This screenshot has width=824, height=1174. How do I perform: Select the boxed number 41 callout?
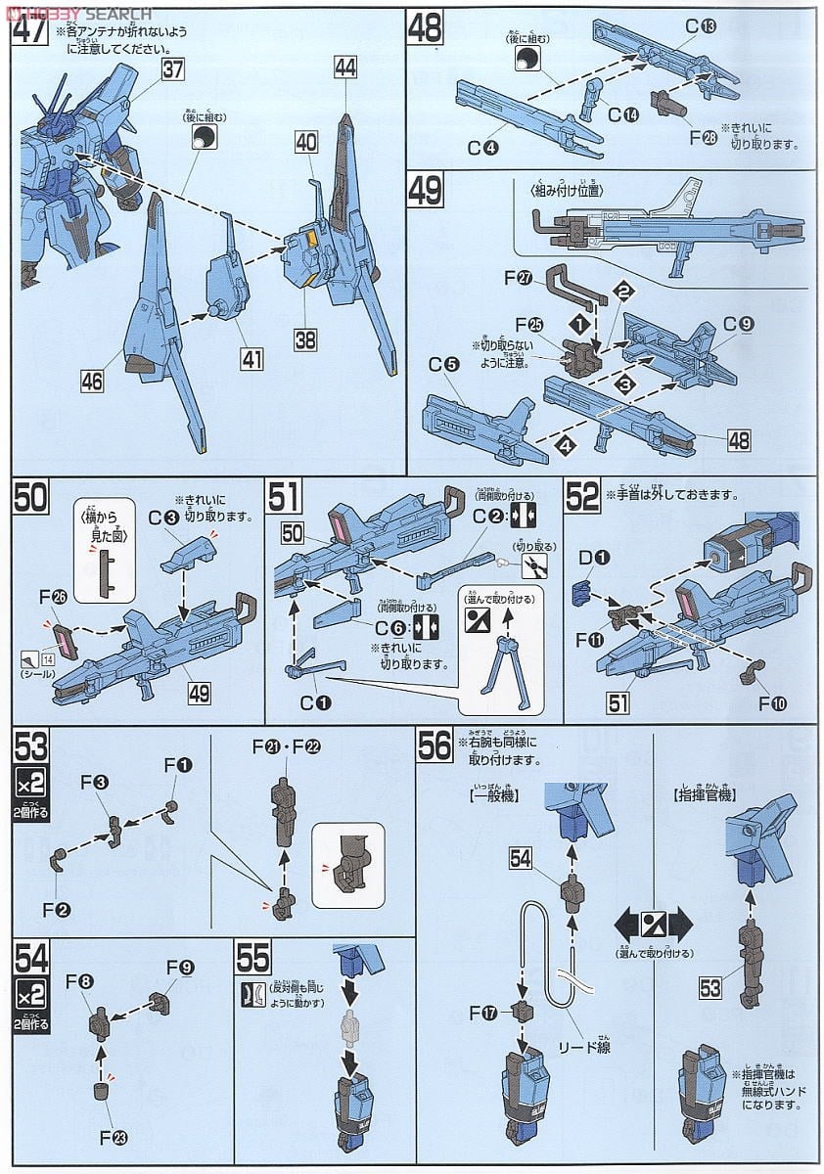click(252, 360)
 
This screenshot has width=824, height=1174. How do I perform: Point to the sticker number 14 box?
click(44, 660)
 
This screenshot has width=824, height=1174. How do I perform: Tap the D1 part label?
click(596, 559)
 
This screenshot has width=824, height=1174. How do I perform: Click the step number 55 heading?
click(252, 959)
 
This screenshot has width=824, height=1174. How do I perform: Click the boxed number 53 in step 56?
click(712, 988)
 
